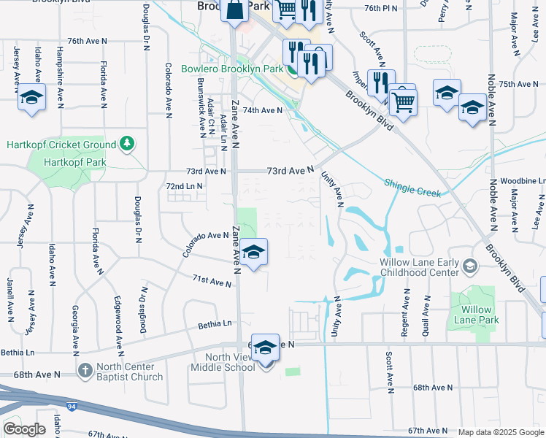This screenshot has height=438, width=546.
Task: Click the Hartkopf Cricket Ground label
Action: tap(61, 145)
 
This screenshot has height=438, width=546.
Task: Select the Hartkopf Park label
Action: tap(74, 163)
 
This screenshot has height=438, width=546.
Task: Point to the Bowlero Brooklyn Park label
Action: tap(232, 69)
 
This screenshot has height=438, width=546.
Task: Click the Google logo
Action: tap(24, 429)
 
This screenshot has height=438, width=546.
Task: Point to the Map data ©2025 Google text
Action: tap(500, 432)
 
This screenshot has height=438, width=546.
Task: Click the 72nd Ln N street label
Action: tap(184, 187)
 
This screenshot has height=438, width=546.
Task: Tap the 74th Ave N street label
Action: tap(262, 110)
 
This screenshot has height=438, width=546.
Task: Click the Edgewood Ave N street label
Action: tap(118, 322)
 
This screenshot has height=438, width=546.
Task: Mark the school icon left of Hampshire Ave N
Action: tap(32, 98)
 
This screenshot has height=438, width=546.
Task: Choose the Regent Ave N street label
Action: tap(404, 312)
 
